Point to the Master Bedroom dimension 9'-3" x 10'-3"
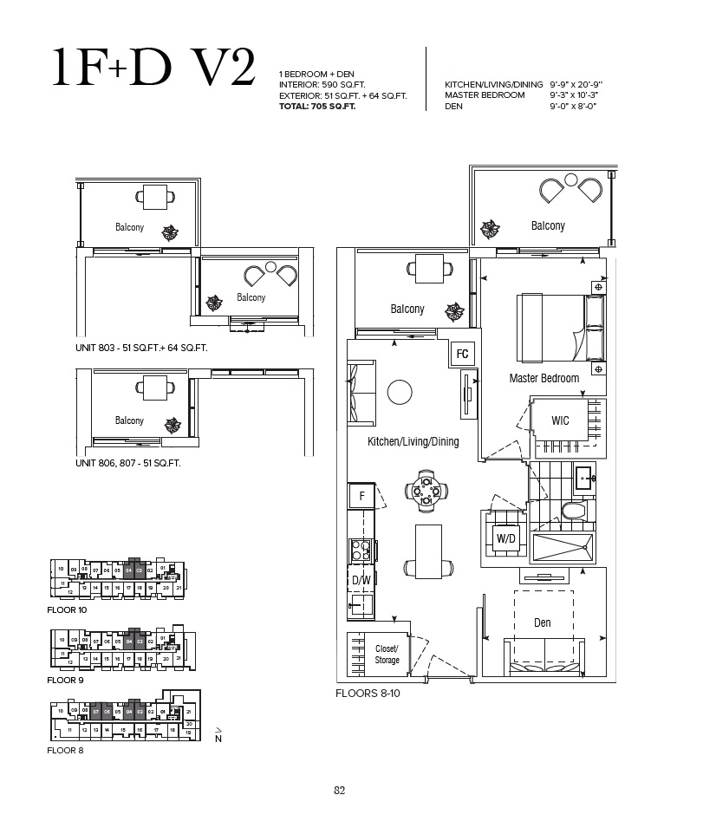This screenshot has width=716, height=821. [575, 94]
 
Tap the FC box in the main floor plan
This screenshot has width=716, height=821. [462, 354]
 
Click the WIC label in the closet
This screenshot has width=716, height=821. [560, 420]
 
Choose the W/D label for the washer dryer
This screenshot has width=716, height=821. [505, 538]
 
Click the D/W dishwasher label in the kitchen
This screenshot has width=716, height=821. [360, 579]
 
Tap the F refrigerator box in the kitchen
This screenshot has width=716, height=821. [361, 497]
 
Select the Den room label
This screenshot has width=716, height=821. [542, 622]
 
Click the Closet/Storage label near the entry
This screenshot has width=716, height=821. [387, 655]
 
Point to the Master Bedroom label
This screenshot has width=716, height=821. [544, 378]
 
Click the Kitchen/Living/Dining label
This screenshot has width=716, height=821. [413, 441]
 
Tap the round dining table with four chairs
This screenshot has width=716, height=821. [426, 491]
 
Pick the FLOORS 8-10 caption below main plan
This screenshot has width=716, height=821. [368, 694]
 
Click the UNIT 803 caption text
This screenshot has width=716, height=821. [141, 347]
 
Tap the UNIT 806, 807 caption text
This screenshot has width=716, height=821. [127, 464]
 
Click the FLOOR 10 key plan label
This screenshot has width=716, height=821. [66, 610]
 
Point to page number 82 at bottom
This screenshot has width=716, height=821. [340, 789]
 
